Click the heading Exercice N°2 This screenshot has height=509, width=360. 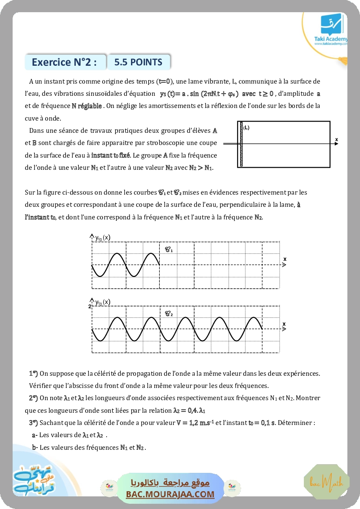64,62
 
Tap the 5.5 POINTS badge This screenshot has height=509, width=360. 138,62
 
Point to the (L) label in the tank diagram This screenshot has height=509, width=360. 246,128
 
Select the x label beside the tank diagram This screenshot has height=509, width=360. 336,139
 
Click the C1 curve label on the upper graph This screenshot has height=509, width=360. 168,249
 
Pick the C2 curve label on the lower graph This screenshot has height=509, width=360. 168,313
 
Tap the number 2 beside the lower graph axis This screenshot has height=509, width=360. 90,307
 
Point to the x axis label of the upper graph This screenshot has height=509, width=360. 285,259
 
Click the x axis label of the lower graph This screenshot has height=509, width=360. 284,324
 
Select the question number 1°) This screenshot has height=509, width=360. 34,374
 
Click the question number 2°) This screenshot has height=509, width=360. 34,398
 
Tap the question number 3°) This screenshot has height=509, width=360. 34,423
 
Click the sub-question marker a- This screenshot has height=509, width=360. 35,435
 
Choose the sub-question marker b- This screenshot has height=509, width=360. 35,447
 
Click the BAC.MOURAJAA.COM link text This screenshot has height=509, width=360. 170,494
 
